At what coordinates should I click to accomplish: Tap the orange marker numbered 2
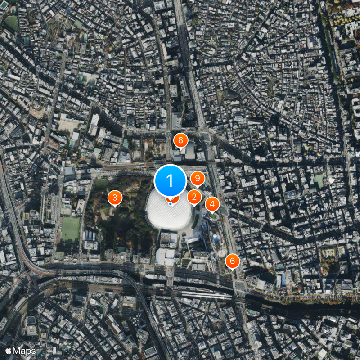(194, 197)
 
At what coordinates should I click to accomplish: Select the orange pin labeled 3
(115, 198)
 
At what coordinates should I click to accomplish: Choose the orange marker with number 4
(212, 204)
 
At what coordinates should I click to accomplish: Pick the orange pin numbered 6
(232, 261)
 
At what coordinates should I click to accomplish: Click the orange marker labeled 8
(180, 141)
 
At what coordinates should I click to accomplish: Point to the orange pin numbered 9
(197, 179)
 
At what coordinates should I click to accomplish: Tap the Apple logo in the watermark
(9, 350)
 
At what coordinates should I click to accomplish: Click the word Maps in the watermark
(24, 350)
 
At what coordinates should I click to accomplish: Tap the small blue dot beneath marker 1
(170, 204)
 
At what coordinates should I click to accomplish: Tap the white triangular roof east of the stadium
(332, 180)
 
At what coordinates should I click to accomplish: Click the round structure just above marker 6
(222, 252)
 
